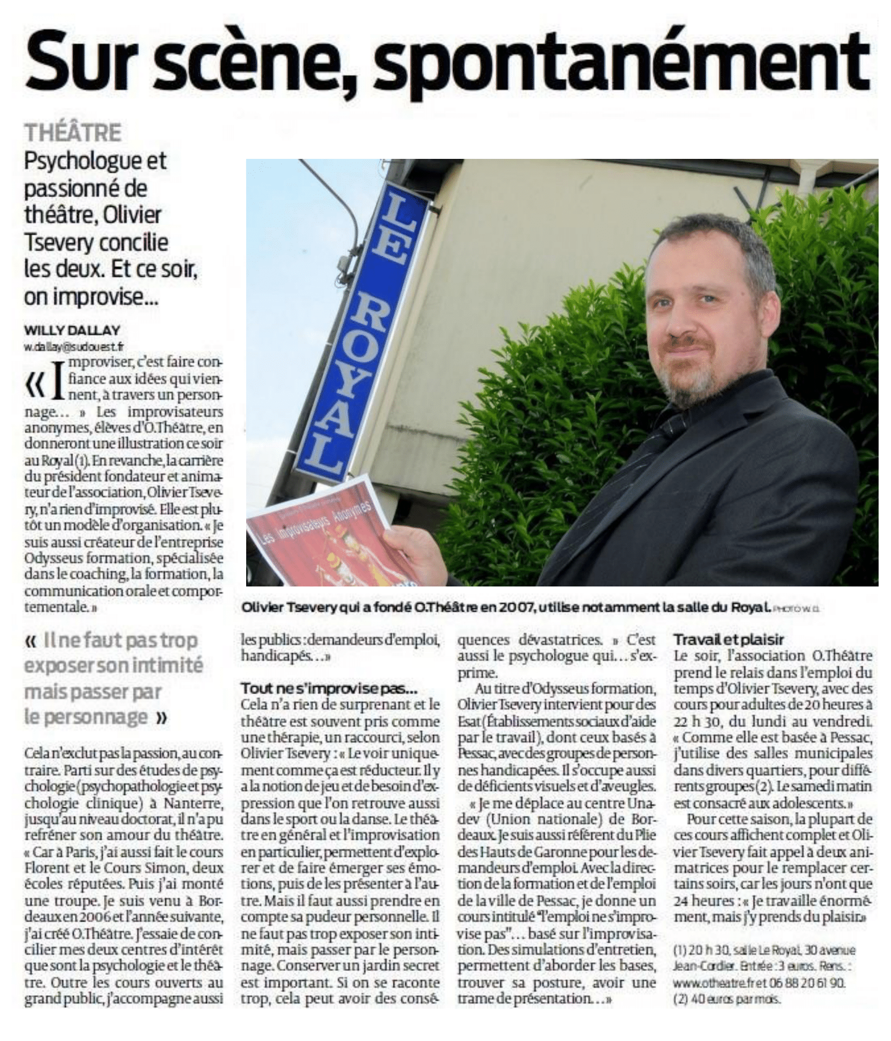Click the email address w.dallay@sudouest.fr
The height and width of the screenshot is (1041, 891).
(x=72, y=346)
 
